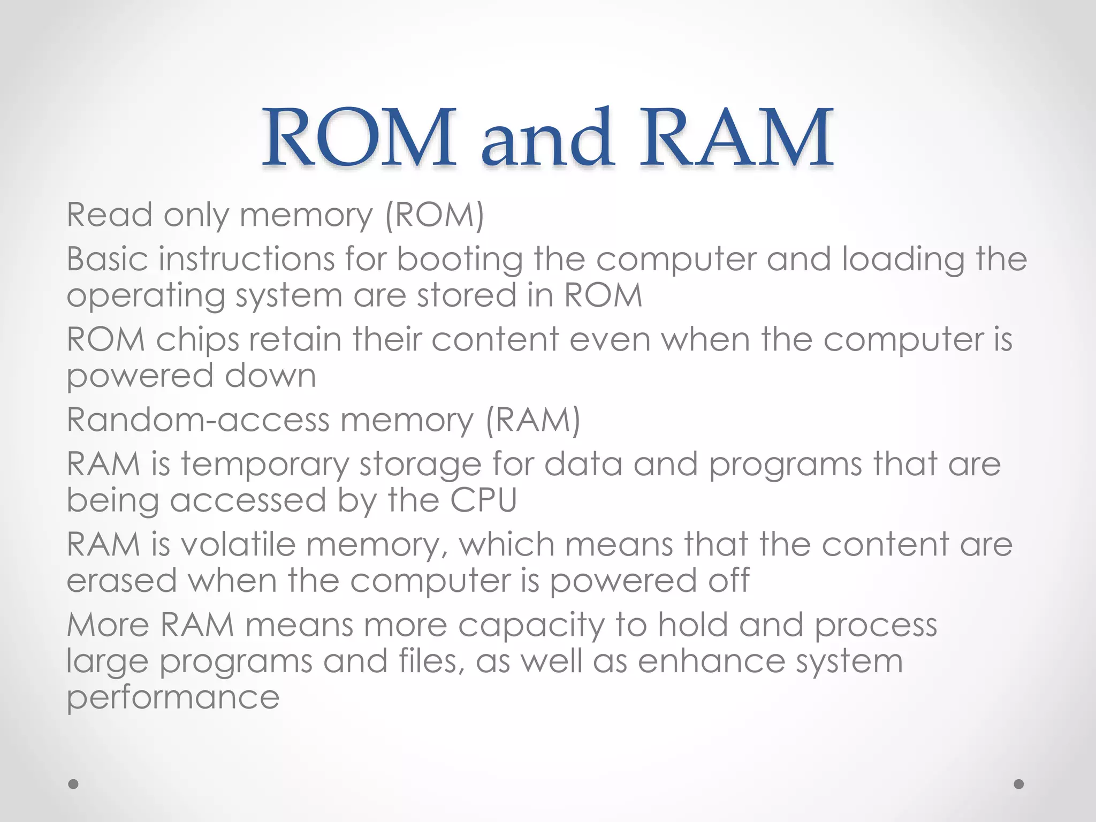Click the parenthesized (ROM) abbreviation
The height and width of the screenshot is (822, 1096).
point(435,215)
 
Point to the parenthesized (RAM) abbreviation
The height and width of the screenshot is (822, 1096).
point(533,420)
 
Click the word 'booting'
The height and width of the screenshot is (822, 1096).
point(459,260)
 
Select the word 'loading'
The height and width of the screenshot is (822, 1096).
point(903,260)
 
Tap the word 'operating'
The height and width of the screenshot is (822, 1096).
point(145,296)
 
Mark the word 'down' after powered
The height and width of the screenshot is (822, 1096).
point(270,376)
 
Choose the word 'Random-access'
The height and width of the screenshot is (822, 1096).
point(198,420)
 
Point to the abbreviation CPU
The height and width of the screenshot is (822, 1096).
point(483,500)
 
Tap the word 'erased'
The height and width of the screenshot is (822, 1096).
point(121,581)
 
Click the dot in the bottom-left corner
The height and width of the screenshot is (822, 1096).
point(73,784)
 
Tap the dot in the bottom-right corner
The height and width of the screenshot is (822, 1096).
point(1019,784)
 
